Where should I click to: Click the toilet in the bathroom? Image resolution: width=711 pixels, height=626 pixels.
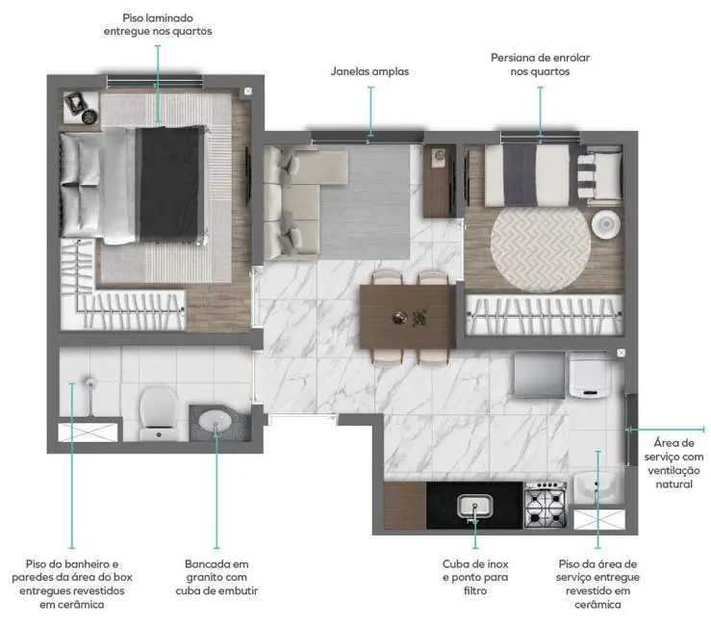point(155,411)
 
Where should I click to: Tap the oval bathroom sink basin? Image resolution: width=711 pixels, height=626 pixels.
point(216,421)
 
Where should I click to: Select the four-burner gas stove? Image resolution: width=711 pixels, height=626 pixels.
point(544,505)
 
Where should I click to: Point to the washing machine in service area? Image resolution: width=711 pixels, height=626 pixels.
point(586,376)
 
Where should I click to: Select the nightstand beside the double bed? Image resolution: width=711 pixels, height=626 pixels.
point(81,107)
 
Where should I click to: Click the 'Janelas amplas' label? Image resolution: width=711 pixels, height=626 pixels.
point(369,70)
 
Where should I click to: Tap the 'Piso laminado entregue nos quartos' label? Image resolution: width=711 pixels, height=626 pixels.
point(158,25)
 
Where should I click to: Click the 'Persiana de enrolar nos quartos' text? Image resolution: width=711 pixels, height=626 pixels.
point(539,65)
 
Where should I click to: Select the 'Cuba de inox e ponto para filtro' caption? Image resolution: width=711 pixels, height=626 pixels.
point(474,577)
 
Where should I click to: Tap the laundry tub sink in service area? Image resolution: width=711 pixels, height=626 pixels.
point(596,487)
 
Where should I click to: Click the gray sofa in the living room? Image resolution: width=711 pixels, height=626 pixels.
point(293,202)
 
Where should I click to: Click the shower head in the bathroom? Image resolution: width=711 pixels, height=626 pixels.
point(87,384)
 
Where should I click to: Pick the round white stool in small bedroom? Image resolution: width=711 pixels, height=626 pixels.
point(606,223)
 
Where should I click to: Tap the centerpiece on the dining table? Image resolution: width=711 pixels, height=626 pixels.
point(408,316)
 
